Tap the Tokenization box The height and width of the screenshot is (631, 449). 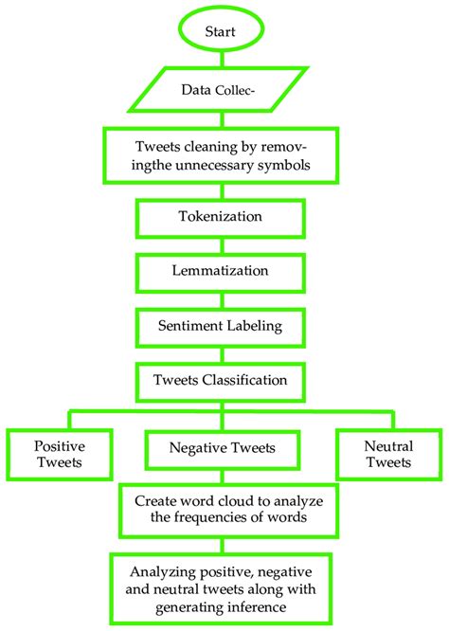click(x=224, y=216)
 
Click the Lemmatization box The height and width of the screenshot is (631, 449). click(x=224, y=270)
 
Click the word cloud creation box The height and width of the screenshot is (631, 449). click(x=224, y=509)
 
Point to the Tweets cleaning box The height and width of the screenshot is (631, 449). click(x=224, y=154)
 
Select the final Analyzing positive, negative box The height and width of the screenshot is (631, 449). click(x=224, y=587)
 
